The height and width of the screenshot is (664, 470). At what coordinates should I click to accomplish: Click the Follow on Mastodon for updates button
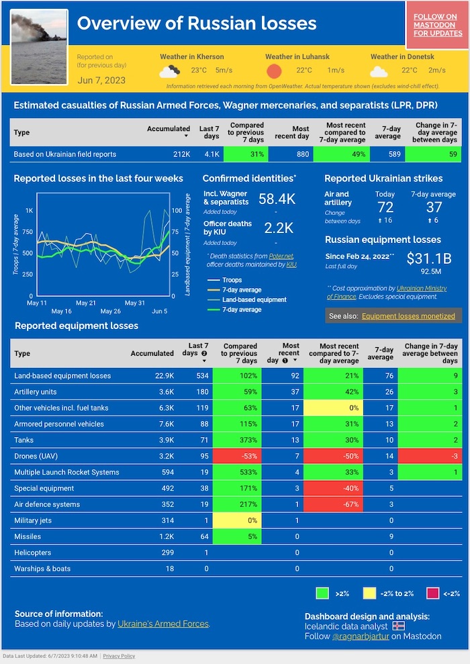pyautogui.click(x=438, y=25)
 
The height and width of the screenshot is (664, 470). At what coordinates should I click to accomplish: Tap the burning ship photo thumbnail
pyautogui.click(x=40, y=46)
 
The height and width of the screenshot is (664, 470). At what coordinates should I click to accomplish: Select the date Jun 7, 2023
pyautogui.click(x=101, y=81)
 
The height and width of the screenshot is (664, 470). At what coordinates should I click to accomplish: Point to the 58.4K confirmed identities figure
pyautogui.click(x=277, y=199)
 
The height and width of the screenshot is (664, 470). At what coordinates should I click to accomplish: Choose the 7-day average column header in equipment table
pyautogui.click(x=384, y=353)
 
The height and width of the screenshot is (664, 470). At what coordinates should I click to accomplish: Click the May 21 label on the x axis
pyautogui.click(x=86, y=303)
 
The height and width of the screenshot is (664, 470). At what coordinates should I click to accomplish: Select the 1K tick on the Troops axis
pyautogui.click(x=29, y=211)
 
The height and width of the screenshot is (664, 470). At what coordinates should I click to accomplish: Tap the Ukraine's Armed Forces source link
pyautogui.click(x=163, y=624)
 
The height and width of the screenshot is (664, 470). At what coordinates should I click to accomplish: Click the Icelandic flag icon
pyautogui.click(x=399, y=626)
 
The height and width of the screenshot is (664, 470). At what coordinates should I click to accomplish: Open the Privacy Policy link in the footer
pyautogui.click(x=119, y=656)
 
